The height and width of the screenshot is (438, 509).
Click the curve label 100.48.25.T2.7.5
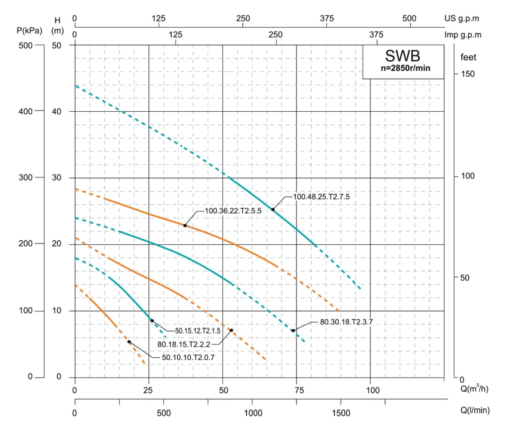pos(321,197)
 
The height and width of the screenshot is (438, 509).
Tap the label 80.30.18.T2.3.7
pos(346,322)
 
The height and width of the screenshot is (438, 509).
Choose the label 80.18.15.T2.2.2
pos(184,344)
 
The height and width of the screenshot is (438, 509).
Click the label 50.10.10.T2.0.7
pos(188,357)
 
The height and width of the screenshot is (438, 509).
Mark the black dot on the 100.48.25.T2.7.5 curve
pos(273,209)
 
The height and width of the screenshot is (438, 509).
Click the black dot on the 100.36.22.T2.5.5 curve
pos(185,225)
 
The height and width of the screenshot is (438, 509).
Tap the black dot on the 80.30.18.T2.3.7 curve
pos(293,330)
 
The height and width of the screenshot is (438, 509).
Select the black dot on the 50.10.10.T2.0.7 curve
pos(129,342)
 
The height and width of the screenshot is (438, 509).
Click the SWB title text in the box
pos(403,56)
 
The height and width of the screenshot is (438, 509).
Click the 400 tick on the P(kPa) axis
pos(26,111)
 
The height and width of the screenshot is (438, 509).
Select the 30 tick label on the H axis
pos(56,178)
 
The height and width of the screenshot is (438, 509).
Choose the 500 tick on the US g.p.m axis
pos(409,19)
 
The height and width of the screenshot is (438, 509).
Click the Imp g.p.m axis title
pos(463,35)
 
